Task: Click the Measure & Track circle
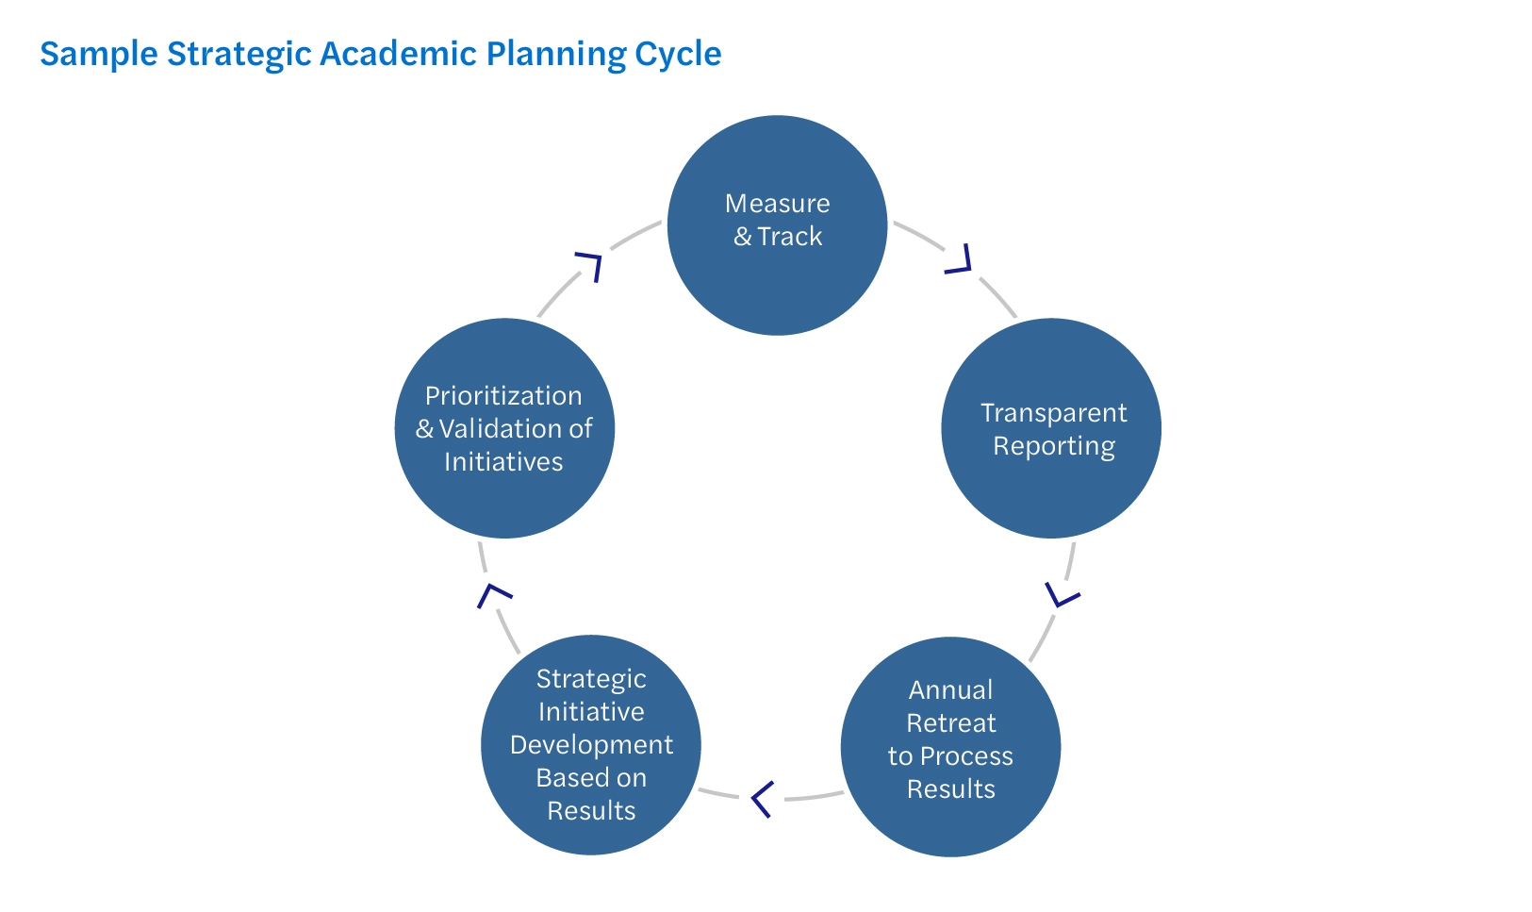[x=777, y=225]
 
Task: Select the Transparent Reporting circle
[x=1051, y=428]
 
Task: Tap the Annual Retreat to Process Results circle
[x=950, y=747]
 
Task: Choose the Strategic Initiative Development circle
[x=591, y=745]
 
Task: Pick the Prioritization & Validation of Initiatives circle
[x=504, y=428]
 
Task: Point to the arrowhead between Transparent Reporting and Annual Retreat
[x=1063, y=595]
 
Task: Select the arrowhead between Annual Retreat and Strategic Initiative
[x=762, y=799]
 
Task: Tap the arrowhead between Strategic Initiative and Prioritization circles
[x=492, y=594]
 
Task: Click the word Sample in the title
[x=99, y=55]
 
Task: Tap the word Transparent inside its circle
[x=1053, y=413]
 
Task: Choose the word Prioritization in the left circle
[x=503, y=396]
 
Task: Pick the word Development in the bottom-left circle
[x=591, y=745]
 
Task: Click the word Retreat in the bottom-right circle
[x=950, y=723]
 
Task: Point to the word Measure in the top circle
[x=777, y=204]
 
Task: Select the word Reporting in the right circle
[x=1053, y=446]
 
